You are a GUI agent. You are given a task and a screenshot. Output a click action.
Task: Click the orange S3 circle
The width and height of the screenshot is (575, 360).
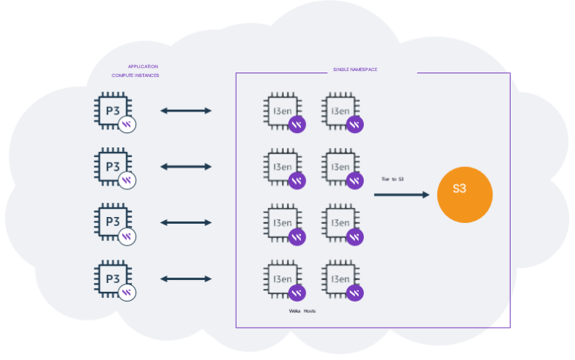[x=464, y=194]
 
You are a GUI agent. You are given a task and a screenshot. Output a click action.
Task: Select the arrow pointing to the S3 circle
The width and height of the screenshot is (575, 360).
[x=402, y=195]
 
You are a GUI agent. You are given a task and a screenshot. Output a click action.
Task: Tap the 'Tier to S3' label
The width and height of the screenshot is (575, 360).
[x=392, y=179]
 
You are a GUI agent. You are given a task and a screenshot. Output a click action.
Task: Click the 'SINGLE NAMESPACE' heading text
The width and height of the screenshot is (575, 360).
[x=355, y=70]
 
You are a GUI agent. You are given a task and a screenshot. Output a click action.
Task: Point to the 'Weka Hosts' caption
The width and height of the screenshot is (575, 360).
[x=302, y=311]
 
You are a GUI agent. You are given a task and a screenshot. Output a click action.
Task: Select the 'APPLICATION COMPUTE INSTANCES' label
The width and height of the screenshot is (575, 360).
[x=136, y=71]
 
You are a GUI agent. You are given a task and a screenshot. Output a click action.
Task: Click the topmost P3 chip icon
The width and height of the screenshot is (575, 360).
[x=112, y=109]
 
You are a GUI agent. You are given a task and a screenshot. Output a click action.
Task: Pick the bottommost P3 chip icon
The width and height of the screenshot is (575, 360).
[x=112, y=278]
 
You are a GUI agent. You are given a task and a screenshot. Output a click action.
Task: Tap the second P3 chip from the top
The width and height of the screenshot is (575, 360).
[x=112, y=165]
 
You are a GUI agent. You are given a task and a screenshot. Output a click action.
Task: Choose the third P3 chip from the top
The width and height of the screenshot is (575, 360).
[x=112, y=222]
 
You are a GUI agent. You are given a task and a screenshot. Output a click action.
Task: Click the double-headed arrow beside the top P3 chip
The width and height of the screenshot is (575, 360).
[x=186, y=111]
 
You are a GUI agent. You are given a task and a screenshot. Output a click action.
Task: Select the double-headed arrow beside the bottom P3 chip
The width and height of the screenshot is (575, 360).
[x=186, y=279]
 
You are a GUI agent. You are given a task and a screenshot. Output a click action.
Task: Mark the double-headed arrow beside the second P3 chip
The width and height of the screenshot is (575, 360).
[x=186, y=167]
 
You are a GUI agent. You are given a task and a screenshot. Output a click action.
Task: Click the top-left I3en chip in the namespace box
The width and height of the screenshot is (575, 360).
[x=282, y=110]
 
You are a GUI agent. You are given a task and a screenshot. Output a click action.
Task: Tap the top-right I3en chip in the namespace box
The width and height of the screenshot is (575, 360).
[x=339, y=110]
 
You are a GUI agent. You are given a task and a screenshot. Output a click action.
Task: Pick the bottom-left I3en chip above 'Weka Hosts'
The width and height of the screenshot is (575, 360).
[x=282, y=278]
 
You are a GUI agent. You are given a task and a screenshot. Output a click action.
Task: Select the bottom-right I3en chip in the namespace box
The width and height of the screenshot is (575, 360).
[x=339, y=278]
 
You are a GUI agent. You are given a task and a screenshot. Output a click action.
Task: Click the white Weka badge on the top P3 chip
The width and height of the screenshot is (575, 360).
[x=128, y=124]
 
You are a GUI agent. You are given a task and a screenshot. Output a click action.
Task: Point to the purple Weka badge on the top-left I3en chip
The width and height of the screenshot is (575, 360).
[x=297, y=124]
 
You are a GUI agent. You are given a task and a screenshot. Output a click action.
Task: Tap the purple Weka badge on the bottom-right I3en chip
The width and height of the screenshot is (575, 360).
[x=355, y=293]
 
